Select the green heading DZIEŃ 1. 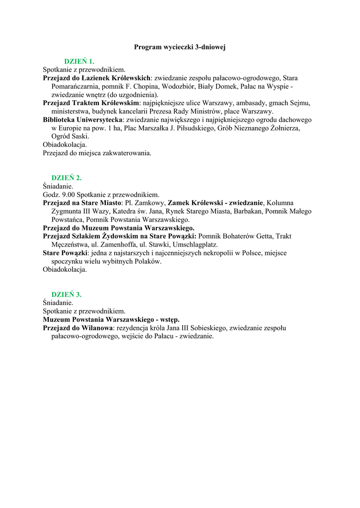(x=79, y=62)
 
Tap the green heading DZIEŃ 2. (x=66, y=178)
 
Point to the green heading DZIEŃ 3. (x=66, y=294)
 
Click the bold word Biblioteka (x=61, y=120)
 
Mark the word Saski (x=80, y=136)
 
